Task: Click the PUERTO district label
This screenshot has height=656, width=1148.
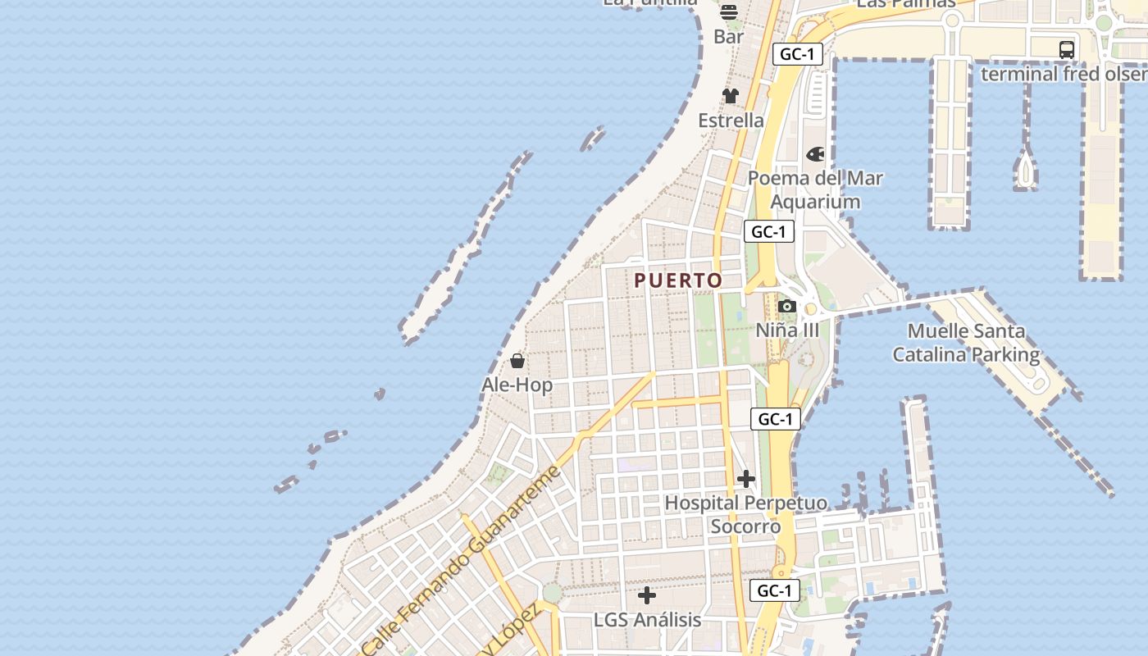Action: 678,280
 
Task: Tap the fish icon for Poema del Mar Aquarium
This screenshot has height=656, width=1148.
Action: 815,154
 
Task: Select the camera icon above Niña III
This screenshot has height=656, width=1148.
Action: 787,307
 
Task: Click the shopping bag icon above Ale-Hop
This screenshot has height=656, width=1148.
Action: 517,361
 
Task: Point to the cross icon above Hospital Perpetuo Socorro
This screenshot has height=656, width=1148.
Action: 746,479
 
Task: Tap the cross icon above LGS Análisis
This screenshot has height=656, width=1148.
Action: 647,595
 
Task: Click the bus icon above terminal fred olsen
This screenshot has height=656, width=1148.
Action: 1066,49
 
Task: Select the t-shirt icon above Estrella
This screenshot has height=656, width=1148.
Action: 731,96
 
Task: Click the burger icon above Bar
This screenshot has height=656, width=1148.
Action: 728,12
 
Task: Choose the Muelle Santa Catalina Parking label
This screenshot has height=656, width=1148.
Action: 966,343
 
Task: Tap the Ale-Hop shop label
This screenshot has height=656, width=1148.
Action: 517,385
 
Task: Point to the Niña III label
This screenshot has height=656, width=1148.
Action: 787,330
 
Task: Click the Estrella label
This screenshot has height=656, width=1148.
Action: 731,121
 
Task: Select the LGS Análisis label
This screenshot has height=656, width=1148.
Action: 647,619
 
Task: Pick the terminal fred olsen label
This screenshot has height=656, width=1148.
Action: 1064,74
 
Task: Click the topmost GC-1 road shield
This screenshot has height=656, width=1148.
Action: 797,54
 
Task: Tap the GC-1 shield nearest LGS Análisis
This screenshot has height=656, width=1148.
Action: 774,590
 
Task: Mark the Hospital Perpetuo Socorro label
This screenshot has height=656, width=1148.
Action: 745,514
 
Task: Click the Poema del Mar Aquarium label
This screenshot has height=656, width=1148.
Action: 815,189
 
